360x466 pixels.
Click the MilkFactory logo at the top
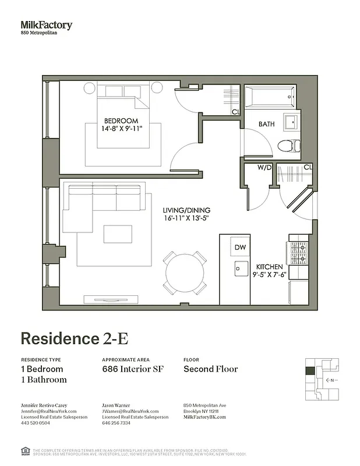(47, 25)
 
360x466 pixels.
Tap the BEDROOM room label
(121, 121)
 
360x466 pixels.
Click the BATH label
(267, 124)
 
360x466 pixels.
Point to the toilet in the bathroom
(288, 146)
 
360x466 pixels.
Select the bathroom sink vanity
(291, 122)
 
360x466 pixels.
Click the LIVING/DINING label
(187, 210)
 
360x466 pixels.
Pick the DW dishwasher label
(241, 247)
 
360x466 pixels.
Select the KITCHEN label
(269, 267)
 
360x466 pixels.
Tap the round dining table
(185, 273)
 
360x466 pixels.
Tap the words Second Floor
(210, 369)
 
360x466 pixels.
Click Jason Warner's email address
(130, 411)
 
